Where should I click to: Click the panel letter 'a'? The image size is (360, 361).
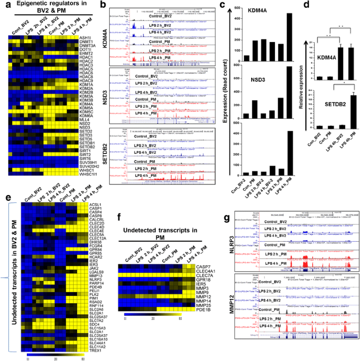4,5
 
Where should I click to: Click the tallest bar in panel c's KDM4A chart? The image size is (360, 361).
230,36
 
